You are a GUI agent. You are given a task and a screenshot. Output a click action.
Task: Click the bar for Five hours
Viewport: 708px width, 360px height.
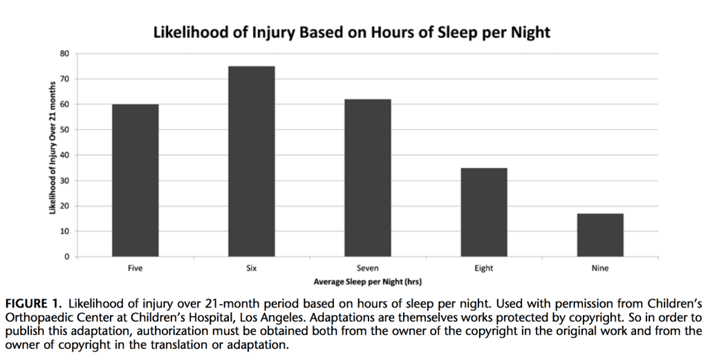135,180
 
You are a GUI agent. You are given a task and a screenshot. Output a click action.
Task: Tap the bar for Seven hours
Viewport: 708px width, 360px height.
367,178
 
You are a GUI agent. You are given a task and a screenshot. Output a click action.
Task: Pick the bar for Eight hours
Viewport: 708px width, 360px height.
483,212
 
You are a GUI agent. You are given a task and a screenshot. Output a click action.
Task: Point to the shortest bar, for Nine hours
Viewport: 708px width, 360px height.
599,235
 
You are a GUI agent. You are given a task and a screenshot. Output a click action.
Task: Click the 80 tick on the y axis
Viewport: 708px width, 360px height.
65,53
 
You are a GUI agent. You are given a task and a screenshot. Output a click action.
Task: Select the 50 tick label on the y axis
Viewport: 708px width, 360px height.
65,130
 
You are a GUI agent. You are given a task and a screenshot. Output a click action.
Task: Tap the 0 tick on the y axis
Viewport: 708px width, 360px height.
67,257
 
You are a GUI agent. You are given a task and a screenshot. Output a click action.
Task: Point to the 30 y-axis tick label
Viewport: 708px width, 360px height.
65,180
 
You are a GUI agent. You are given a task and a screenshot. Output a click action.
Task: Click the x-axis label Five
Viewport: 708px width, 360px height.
135,269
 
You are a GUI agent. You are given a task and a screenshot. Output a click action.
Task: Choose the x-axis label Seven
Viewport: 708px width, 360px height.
367,269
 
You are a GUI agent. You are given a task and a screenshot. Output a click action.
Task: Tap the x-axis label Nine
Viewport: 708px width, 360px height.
599,269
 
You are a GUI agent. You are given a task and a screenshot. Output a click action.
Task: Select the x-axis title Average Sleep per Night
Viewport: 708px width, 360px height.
367,282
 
